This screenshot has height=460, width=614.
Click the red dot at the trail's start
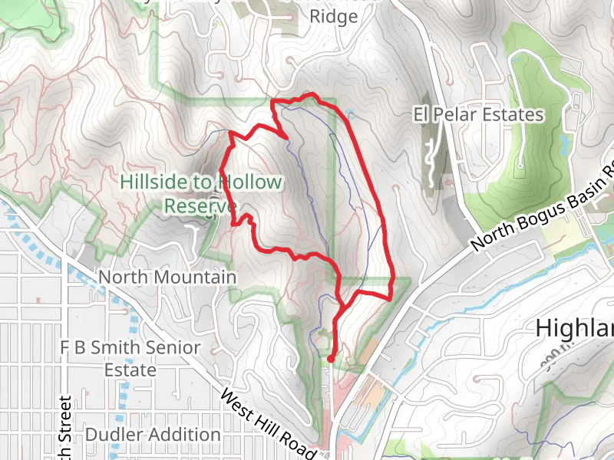pyautogui.click(x=330, y=358)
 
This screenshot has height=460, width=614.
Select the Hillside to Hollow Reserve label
pyautogui.click(x=201, y=194)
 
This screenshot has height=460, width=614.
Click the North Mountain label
pyautogui.click(x=167, y=276)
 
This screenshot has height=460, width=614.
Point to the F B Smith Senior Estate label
pyautogui.click(x=130, y=359)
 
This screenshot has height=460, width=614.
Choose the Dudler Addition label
pyautogui.click(x=153, y=435)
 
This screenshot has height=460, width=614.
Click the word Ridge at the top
pyautogui.click(x=333, y=16)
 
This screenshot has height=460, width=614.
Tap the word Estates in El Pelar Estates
pyautogui.click(x=513, y=115)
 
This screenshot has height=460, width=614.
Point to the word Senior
pyautogui.click(x=169, y=347)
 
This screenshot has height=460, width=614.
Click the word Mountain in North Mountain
pyautogui.click(x=194, y=276)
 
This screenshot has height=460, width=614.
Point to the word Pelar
pyautogui.click(x=457, y=115)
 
